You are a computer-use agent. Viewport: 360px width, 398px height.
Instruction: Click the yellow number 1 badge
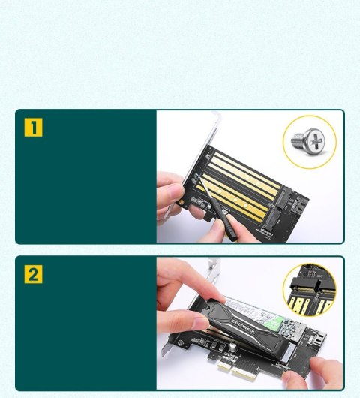coord(33,127)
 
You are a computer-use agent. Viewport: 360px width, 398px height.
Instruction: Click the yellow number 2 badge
coord(33,274)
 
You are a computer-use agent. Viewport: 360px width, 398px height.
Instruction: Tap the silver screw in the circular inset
coord(309,140)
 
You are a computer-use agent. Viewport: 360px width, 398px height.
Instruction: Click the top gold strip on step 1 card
coord(240,162)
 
